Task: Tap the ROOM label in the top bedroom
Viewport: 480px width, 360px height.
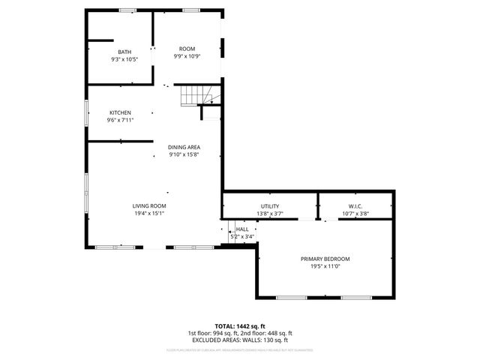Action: coord(187,49)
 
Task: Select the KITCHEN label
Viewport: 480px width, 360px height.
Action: coord(120,112)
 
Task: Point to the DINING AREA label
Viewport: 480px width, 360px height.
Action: coord(184,147)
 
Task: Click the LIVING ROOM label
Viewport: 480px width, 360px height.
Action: coord(149,205)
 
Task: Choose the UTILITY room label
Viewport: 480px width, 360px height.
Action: coord(270,205)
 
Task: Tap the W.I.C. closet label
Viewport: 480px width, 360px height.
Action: coord(355,205)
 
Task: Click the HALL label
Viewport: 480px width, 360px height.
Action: coord(242,229)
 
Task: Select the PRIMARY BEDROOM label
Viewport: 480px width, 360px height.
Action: coord(325,259)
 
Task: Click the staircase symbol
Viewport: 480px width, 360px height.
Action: coord(197,95)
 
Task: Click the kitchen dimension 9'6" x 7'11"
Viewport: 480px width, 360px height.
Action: coord(120,120)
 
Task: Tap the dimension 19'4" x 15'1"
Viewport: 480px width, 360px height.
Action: coord(149,213)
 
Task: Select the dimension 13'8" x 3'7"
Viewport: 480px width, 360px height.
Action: coord(270,213)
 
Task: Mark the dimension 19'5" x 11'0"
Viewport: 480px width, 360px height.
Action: coord(325,266)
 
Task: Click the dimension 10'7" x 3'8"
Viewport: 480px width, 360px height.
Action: coord(355,213)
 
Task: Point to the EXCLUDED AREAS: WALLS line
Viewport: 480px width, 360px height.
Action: coord(239,340)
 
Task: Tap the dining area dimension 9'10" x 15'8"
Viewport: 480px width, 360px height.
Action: coord(184,154)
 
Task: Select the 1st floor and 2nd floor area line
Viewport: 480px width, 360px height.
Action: coord(239,333)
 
